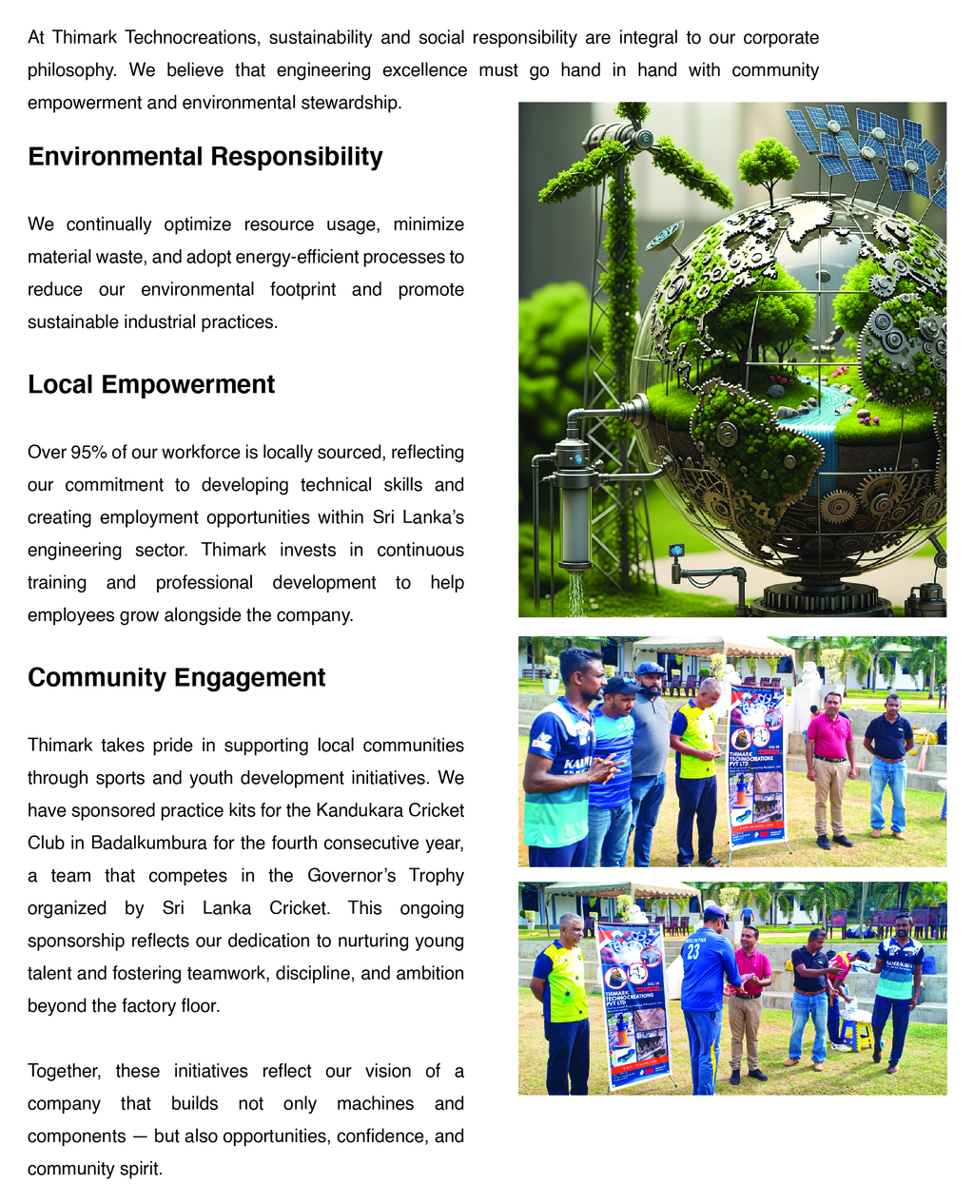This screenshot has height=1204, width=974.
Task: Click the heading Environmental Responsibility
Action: (205, 157)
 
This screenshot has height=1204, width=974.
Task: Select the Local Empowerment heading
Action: (150, 384)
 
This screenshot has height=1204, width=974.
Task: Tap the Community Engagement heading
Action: (176, 677)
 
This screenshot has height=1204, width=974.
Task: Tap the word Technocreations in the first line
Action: (192, 38)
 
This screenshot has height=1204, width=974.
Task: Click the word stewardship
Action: (345, 103)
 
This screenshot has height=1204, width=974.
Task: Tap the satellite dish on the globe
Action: (664, 233)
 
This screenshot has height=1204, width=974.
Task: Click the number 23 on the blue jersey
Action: (693, 951)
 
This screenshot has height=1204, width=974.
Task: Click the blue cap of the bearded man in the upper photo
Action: (650, 669)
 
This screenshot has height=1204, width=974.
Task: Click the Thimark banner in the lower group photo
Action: (632, 1004)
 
